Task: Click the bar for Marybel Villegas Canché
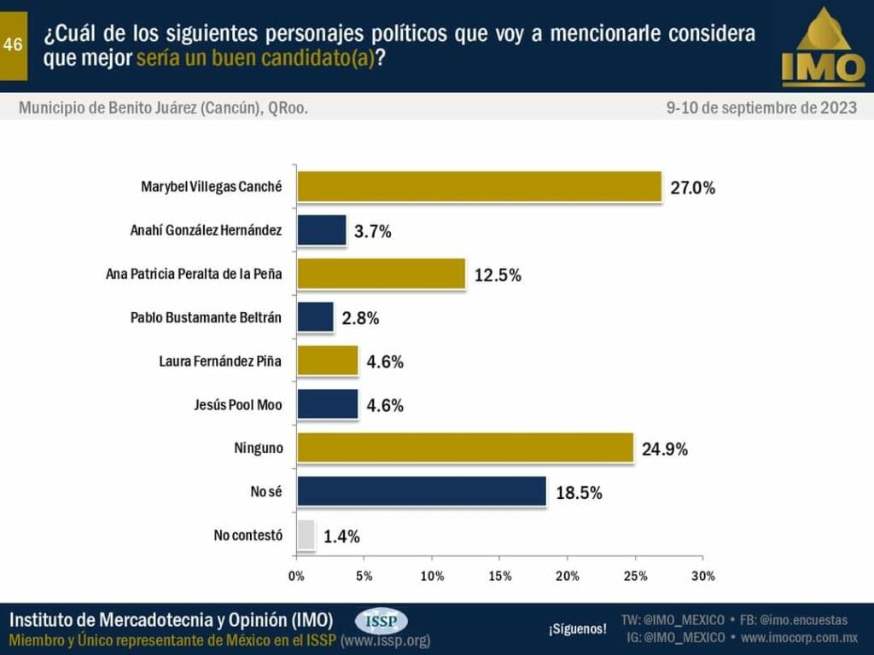click(x=479, y=187)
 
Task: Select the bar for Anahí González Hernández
click(x=321, y=230)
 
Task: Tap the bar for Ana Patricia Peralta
click(x=381, y=274)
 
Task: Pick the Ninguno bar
click(x=465, y=447)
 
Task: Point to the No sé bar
click(x=421, y=491)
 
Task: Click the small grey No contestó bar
click(x=306, y=535)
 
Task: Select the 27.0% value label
click(x=692, y=188)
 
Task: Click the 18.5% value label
click(x=579, y=492)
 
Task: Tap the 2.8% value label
click(x=361, y=318)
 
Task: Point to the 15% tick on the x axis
click(x=499, y=577)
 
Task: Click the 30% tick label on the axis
click(x=702, y=577)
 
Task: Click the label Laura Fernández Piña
click(x=220, y=361)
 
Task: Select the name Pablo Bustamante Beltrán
click(x=206, y=317)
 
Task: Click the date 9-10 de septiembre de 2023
click(x=761, y=108)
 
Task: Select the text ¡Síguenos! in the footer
click(x=578, y=629)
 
